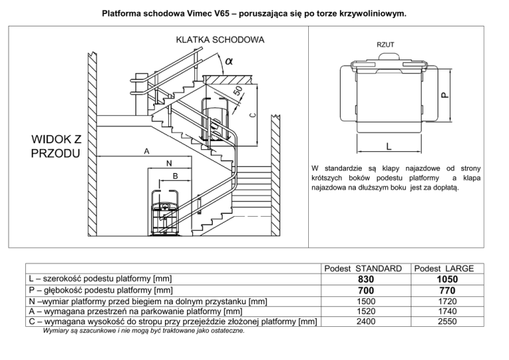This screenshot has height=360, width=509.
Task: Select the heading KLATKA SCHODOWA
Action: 220,39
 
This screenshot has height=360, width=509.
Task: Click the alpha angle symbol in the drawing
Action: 229,61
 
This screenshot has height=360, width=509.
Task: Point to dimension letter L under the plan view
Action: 388,146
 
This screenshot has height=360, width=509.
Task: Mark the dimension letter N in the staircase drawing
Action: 169,162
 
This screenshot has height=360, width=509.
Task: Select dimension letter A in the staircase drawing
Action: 146,151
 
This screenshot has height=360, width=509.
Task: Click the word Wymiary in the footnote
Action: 56,331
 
